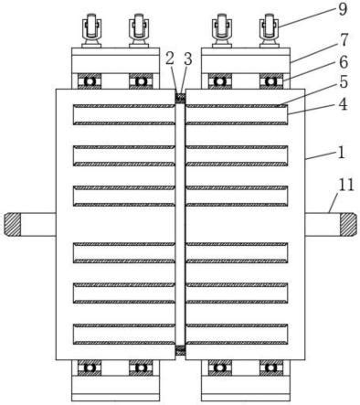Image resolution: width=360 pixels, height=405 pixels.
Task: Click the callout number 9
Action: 343,9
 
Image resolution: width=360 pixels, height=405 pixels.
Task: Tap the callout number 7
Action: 344,40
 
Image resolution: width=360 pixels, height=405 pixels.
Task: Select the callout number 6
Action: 344,62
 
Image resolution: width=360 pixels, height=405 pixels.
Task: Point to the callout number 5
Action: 344,81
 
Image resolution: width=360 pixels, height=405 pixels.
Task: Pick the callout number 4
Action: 343,104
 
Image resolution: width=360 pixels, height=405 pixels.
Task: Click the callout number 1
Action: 342,153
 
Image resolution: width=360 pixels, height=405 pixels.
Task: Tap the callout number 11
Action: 346,185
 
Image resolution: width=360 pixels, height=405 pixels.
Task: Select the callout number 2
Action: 170,59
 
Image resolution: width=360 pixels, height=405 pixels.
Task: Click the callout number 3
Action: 188,59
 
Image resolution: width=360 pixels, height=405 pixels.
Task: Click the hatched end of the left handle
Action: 12,224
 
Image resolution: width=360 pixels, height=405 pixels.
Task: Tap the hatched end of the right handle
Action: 348,224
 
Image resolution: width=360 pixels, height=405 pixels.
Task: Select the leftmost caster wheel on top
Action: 90,31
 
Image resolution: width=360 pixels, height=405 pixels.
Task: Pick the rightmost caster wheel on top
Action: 270,31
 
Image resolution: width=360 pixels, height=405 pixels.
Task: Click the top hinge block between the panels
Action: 180,99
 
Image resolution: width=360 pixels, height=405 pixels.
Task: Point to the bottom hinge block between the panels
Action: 180,351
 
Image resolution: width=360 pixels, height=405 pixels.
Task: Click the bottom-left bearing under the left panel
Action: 90,368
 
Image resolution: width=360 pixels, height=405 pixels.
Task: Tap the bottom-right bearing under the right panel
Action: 270,368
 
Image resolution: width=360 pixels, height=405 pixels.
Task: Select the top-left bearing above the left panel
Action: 90,81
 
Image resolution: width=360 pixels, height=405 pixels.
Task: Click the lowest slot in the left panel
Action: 124,334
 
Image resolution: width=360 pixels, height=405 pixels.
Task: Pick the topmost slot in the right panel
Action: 237,114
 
